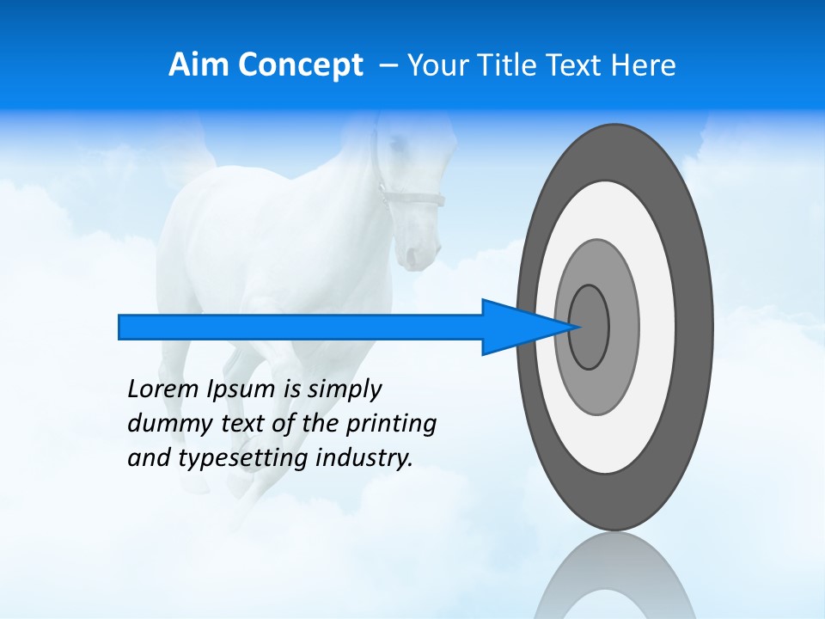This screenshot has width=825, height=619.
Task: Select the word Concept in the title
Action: pos(299,66)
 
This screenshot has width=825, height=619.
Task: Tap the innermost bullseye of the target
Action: pos(590,328)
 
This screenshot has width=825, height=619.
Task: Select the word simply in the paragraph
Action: pos(344,389)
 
